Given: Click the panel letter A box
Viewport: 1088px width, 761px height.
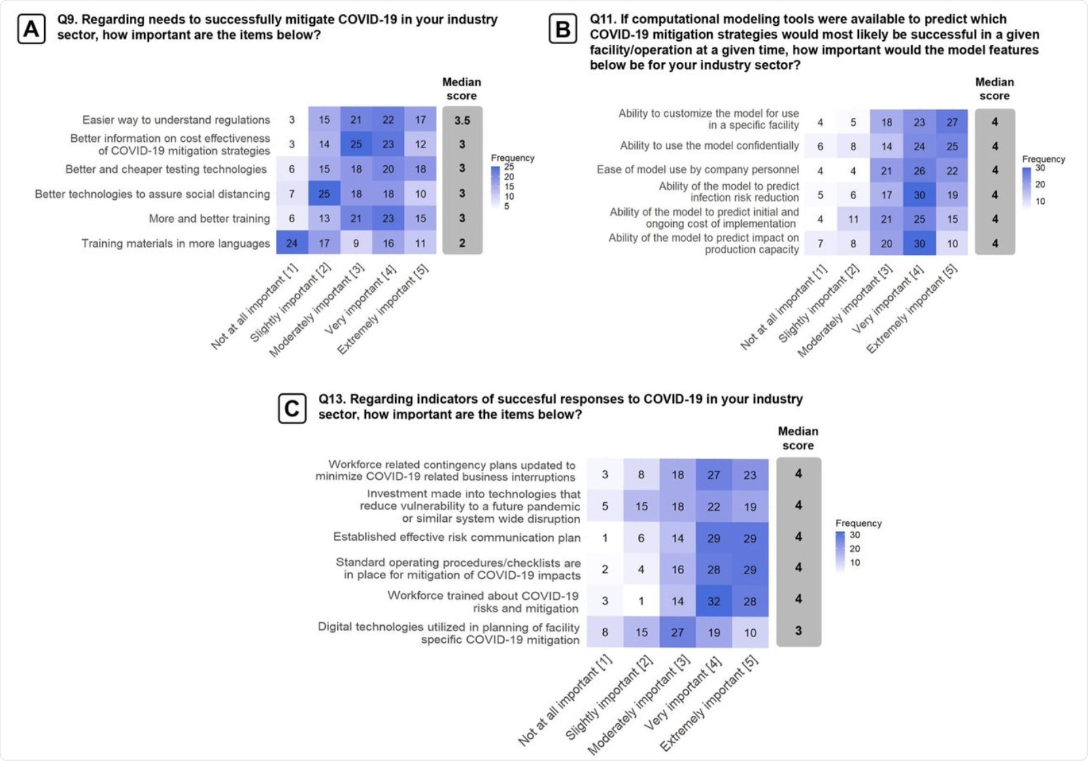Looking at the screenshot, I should click(31, 29).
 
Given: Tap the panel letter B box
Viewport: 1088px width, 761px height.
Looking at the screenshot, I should click(563, 29).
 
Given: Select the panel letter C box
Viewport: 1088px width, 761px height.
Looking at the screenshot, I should click(292, 408).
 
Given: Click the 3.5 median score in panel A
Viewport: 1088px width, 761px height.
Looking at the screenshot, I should click(462, 120).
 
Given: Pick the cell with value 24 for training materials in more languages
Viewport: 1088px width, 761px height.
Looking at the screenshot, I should click(292, 243).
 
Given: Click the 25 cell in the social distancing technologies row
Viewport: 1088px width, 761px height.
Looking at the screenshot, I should click(324, 194).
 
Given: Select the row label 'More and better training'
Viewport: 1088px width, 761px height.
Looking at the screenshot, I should click(209, 219).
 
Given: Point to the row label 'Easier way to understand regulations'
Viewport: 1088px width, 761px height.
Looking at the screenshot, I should click(176, 120).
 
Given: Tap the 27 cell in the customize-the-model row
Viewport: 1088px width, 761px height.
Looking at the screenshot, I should click(952, 122).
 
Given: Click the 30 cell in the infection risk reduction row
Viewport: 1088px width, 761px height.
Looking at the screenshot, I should click(919, 195).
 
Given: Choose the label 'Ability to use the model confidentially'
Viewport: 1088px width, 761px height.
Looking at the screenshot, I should click(709, 146).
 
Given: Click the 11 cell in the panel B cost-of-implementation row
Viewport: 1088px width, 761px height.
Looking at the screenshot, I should click(853, 219).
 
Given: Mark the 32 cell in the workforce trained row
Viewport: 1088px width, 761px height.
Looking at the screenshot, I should click(714, 601).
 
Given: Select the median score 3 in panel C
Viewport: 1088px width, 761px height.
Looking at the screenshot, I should click(798, 631).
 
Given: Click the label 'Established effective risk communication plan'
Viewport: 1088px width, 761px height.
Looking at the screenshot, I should click(457, 537).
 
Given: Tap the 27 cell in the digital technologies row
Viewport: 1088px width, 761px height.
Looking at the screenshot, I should click(678, 632).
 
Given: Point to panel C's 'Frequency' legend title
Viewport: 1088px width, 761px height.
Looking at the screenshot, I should click(858, 523).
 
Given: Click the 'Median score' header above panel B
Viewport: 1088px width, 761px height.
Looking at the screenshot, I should click(994, 89).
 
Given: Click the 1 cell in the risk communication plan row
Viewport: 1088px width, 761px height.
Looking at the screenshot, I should click(605, 538).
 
